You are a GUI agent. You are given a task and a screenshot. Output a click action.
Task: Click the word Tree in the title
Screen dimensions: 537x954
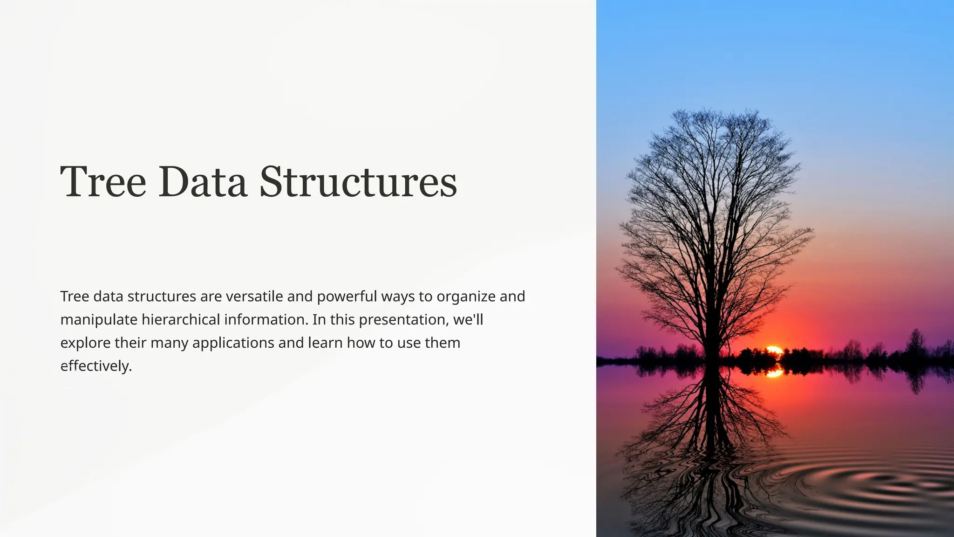pyautogui.click(x=103, y=181)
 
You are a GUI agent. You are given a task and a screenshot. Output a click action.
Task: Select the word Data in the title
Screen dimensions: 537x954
pyautogui.click(x=203, y=181)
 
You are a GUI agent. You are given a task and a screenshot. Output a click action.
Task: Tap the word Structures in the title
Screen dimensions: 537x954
pyautogui.click(x=358, y=181)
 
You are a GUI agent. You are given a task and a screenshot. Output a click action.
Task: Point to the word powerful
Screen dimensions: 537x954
pyautogui.click(x=347, y=296)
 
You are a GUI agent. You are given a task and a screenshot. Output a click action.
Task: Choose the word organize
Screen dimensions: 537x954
pyautogui.click(x=466, y=296)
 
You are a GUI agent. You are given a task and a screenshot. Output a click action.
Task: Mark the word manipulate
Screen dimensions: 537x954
pyautogui.click(x=99, y=320)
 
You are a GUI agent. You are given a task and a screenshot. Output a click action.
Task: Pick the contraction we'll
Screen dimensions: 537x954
pyautogui.click(x=468, y=320)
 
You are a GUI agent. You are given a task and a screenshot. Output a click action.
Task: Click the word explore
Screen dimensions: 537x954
pyautogui.click(x=85, y=343)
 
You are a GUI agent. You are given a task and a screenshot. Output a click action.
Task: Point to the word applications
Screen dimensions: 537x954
pyautogui.click(x=233, y=343)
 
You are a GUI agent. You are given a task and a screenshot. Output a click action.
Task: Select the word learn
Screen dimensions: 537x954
pyautogui.click(x=325, y=343)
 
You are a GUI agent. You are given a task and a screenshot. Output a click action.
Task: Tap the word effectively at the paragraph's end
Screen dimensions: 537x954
pyautogui.click(x=96, y=366)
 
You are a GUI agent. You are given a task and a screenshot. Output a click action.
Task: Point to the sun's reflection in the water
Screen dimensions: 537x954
pyautogui.click(x=774, y=372)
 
